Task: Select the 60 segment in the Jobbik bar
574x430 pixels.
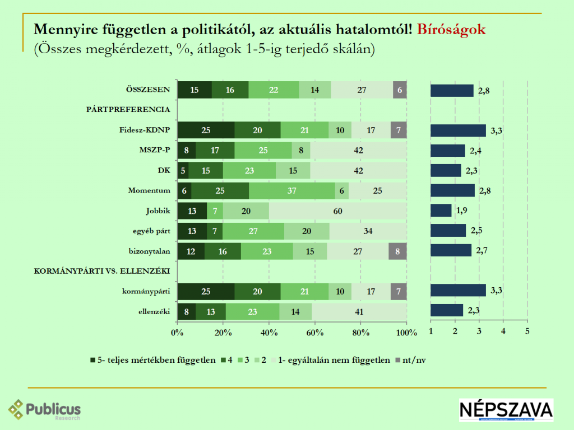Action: pyautogui.click(x=338, y=211)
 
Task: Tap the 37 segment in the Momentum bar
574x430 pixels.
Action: pyautogui.click(x=292, y=190)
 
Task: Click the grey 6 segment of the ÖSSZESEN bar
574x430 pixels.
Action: pyautogui.click(x=400, y=90)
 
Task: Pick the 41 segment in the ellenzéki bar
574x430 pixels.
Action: pyautogui.click(x=359, y=311)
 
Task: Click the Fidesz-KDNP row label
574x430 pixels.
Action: pyautogui.click(x=145, y=130)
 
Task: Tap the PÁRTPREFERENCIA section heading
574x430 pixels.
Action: pyautogui.click(x=128, y=110)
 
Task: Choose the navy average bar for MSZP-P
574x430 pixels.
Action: pyautogui.click(x=447, y=150)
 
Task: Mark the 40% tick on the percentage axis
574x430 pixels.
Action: pyautogui.click(x=269, y=333)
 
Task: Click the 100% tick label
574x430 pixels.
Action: pyautogui.click(x=406, y=333)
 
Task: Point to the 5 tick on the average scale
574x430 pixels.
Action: pyautogui.click(x=527, y=331)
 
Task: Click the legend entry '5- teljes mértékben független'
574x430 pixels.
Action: pyautogui.click(x=152, y=360)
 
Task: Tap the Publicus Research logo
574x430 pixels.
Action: pyautogui.click(x=45, y=410)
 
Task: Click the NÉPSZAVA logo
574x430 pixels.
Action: pyautogui.click(x=506, y=410)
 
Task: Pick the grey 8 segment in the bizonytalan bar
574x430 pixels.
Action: pyautogui.click(x=397, y=251)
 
